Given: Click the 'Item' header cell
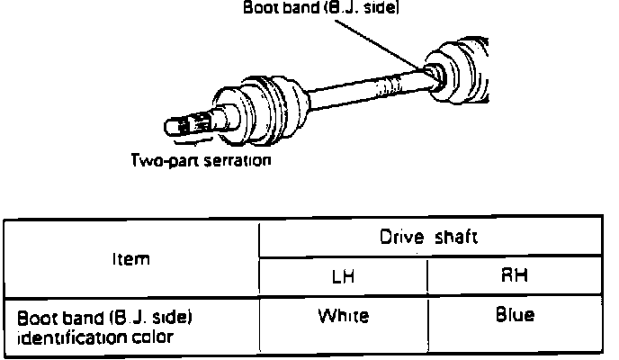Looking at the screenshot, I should click(x=131, y=257).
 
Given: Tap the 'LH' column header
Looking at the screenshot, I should click(x=344, y=276).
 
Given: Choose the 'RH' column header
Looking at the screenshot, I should click(x=514, y=276).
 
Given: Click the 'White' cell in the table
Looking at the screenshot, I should click(x=344, y=316).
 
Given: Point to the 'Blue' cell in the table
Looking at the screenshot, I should click(x=515, y=316).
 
